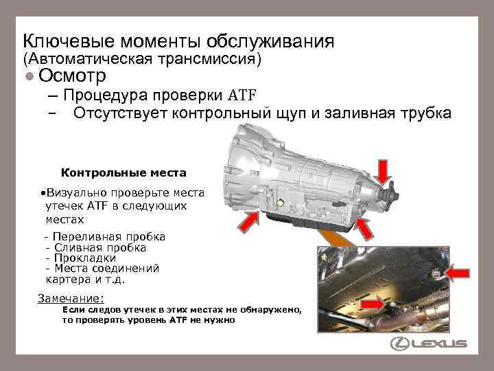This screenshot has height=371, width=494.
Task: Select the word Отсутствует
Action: coord(128,113)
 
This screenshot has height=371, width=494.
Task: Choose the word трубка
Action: coord(421,113)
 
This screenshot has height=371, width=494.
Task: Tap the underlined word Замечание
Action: coord(70,299)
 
